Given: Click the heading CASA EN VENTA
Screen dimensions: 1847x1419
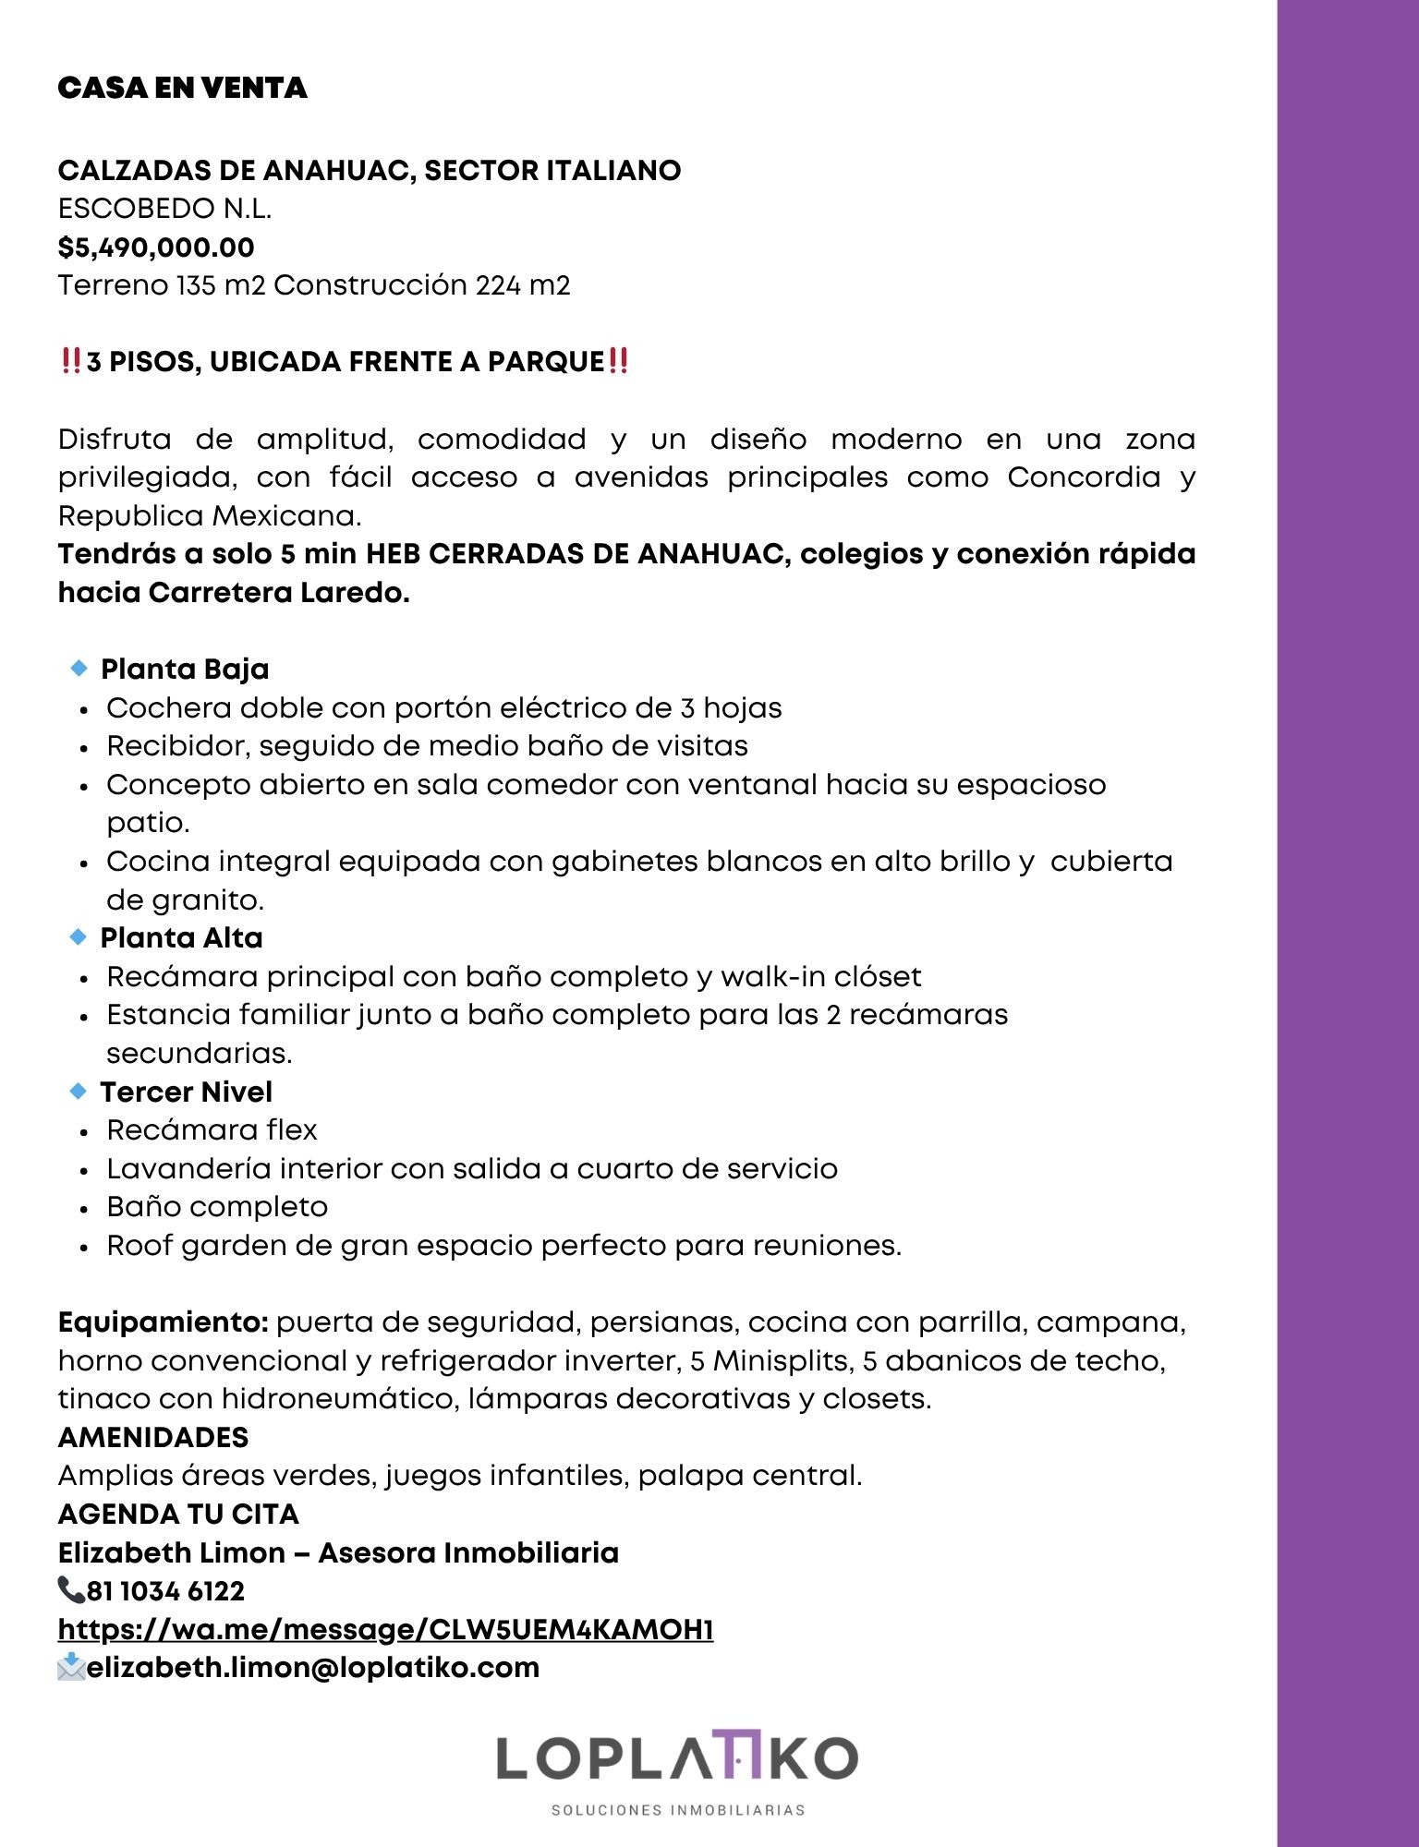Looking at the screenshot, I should [x=182, y=88].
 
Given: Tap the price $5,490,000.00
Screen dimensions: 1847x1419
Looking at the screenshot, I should [x=156, y=247].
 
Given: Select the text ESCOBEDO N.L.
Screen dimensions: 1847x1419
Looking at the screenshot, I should [x=164, y=209].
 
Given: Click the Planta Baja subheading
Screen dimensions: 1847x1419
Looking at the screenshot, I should [x=185, y=669].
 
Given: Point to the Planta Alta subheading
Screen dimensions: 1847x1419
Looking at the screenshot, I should [x=182, y=938].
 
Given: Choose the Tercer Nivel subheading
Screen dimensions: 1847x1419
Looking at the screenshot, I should [x=187, y=1092].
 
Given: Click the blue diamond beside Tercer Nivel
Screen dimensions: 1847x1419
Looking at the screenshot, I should [x=79, y=1091].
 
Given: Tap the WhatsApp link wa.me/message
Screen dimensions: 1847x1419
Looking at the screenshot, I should [x=385, y=1629].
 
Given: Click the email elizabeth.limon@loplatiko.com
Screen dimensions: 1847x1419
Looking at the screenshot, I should [x=313, y=1668].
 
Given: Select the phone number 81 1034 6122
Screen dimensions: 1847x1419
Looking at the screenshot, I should [x=165, y=1591].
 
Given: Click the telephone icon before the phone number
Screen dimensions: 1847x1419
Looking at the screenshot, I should [x=70, y=1590].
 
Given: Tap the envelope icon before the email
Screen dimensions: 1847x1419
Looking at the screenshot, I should [x=71, y=1667].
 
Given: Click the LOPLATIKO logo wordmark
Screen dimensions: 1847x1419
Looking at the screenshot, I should [x=677, y=1758].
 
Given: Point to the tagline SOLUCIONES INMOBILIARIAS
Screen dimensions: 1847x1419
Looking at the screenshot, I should [x=678, y=1810].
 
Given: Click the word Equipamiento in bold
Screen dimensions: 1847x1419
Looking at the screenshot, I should [x=163, y=1322].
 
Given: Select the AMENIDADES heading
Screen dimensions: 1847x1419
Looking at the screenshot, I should [x=153, y=1437].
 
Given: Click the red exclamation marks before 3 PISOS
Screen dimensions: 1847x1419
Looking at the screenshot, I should [x=71, y=361].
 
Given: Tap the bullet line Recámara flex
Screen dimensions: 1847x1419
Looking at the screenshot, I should [x=212, y=1130].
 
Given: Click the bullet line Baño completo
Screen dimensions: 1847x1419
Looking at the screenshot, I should [x=217, y=1207].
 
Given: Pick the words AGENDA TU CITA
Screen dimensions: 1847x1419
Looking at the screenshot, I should [x=178, y=1515].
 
